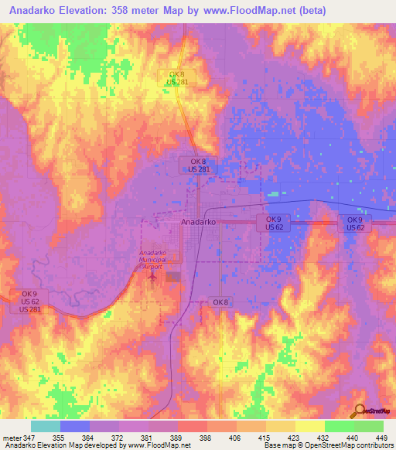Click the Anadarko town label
(x=197, y=222)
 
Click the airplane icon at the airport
(x=153, y=274)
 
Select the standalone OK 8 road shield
(x=220, y=302)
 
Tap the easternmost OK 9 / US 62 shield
(x=355, y=223)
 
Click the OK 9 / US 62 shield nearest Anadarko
(x=273, y=223)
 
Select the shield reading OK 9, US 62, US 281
(x=29, y=302)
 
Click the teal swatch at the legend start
(x=46, y=426)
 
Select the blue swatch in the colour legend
(x=75, y=426)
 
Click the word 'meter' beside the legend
(x=12, y=438)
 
